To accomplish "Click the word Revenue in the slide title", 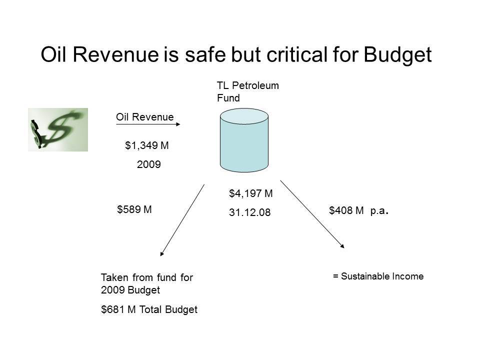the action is pos(115,54).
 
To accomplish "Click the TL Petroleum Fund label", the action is pos(247,91).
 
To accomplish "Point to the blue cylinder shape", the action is pos(244,140).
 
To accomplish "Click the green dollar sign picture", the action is pos(58,129).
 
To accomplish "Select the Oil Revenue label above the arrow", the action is pos(145,117).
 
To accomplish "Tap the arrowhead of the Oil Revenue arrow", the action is pos(178,124).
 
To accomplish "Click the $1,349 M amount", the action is pos(146,145).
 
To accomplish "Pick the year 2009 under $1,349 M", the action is pos(149,164).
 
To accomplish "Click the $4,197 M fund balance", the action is pos(250,193).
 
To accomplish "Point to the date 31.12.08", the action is pos(250,212).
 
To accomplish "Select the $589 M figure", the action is pos(134,209).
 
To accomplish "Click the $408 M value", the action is pos(346,210).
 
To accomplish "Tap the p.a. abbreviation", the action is pos(379,211).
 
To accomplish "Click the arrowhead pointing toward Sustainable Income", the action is pos(342,246).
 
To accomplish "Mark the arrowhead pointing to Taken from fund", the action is pos(162,253).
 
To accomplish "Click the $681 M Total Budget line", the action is pos(149,309).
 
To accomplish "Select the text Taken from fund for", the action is pos(147,277).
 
